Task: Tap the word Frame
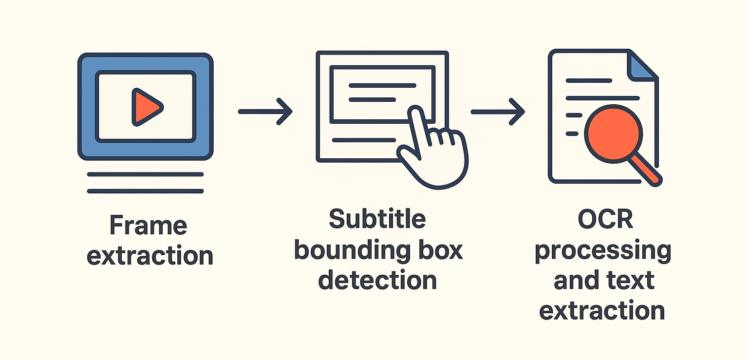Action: tap(148, 225)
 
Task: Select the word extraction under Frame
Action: tap(150, 256)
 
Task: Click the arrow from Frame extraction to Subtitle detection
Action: tap(265, 112)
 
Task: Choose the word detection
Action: tap(377, 281)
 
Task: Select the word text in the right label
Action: tap(630, 281)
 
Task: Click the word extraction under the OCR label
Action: tap(602, 310)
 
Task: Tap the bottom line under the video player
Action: tap(145, 191)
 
